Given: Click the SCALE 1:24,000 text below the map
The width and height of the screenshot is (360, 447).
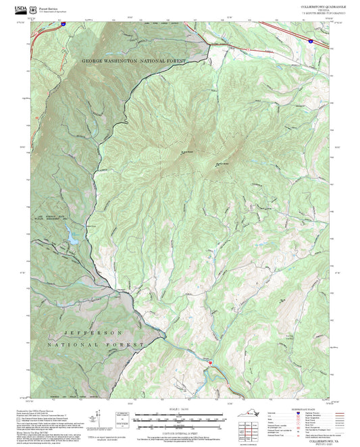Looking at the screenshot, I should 179,408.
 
